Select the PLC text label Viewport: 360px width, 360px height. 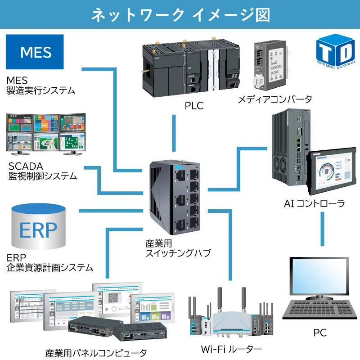(x=194, y=106)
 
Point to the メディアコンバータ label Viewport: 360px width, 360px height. (x=274, y=99)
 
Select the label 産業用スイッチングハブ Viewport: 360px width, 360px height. (x=177, y=248)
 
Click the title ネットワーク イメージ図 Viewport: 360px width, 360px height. (x=180, y=15)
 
